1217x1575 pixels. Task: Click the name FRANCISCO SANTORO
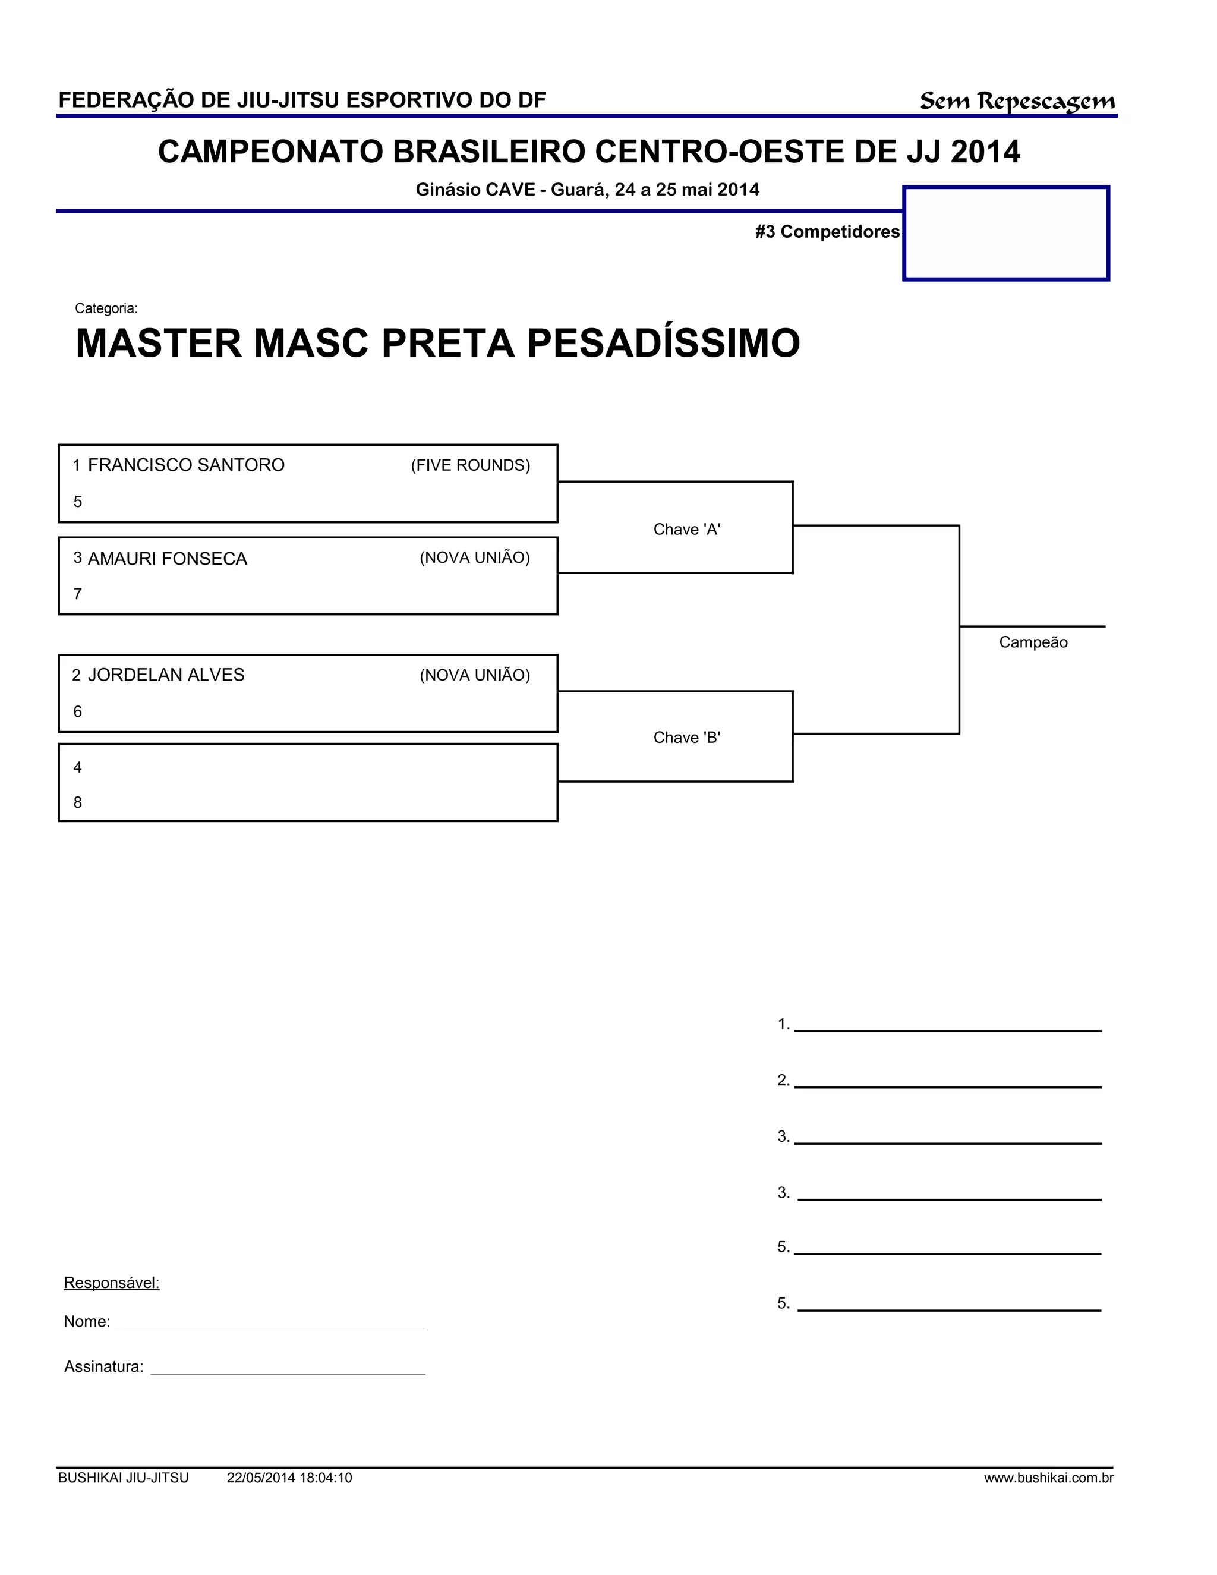(186, 465)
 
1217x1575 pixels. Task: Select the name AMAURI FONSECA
(167, 559)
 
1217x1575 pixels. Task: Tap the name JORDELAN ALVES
(166, 675)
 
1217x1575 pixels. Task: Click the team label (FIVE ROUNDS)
(470, 466)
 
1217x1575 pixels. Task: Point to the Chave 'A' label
(686, 530)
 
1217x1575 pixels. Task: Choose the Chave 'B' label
(686, 738)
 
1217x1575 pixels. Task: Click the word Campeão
(1032, 642)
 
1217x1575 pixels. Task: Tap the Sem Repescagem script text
(1017, 101)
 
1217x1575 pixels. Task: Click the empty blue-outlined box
(1006, 233)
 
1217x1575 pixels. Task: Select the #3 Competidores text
(827, 231)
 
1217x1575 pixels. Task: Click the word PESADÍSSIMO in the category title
(663, 344)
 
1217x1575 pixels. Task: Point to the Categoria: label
(106, 308)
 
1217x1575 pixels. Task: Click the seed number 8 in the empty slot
(78, 802)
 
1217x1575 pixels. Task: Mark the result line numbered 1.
(947, 1027)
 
